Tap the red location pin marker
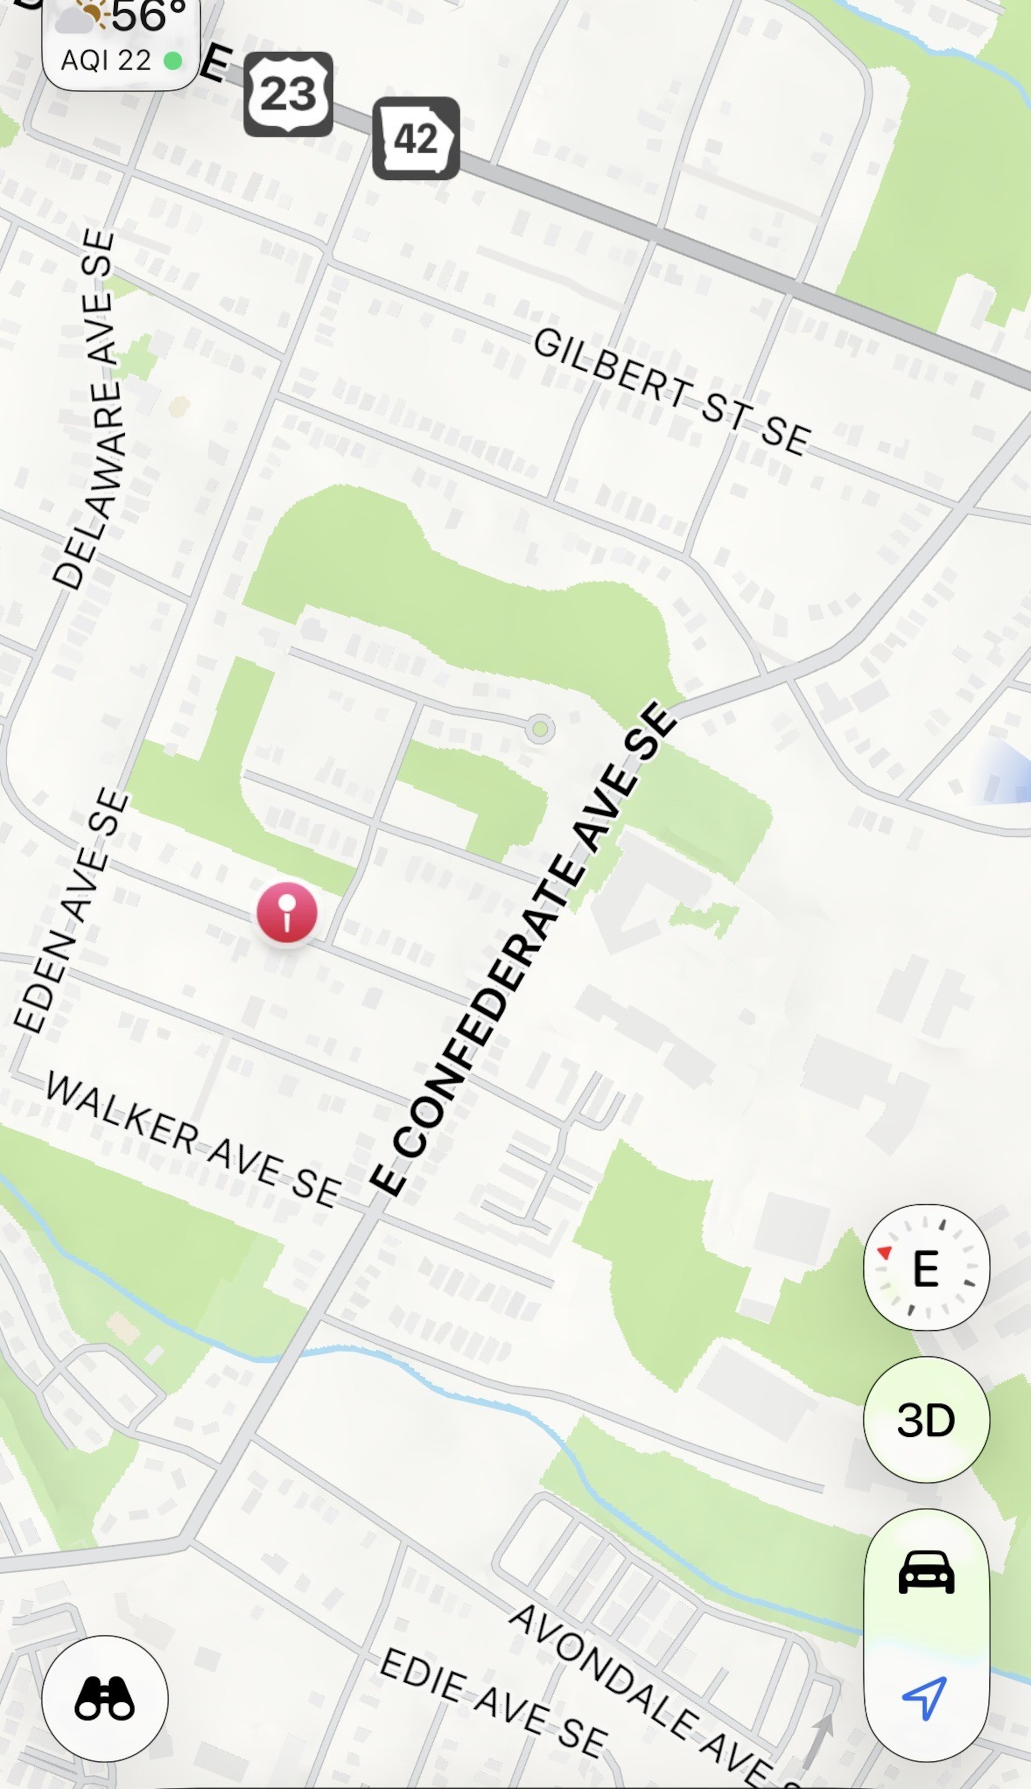tap(287, 912)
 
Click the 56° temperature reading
tap(149, 16)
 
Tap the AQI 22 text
tap(106, 61)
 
